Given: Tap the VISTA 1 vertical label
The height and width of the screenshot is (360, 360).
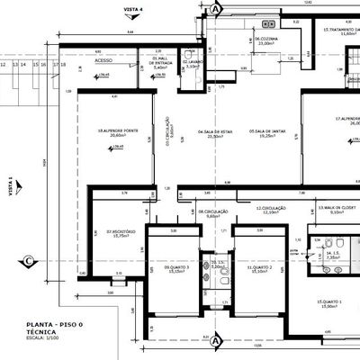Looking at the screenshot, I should [11, 186].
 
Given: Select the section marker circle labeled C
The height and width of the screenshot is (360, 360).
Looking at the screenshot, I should [29, 261].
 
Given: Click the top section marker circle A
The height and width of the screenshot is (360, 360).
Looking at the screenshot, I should [215, 8].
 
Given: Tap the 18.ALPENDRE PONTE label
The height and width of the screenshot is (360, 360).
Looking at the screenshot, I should [112, 131].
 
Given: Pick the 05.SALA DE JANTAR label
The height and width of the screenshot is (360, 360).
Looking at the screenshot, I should [267, 132].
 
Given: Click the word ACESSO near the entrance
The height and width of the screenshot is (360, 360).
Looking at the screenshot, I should [103, 60].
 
